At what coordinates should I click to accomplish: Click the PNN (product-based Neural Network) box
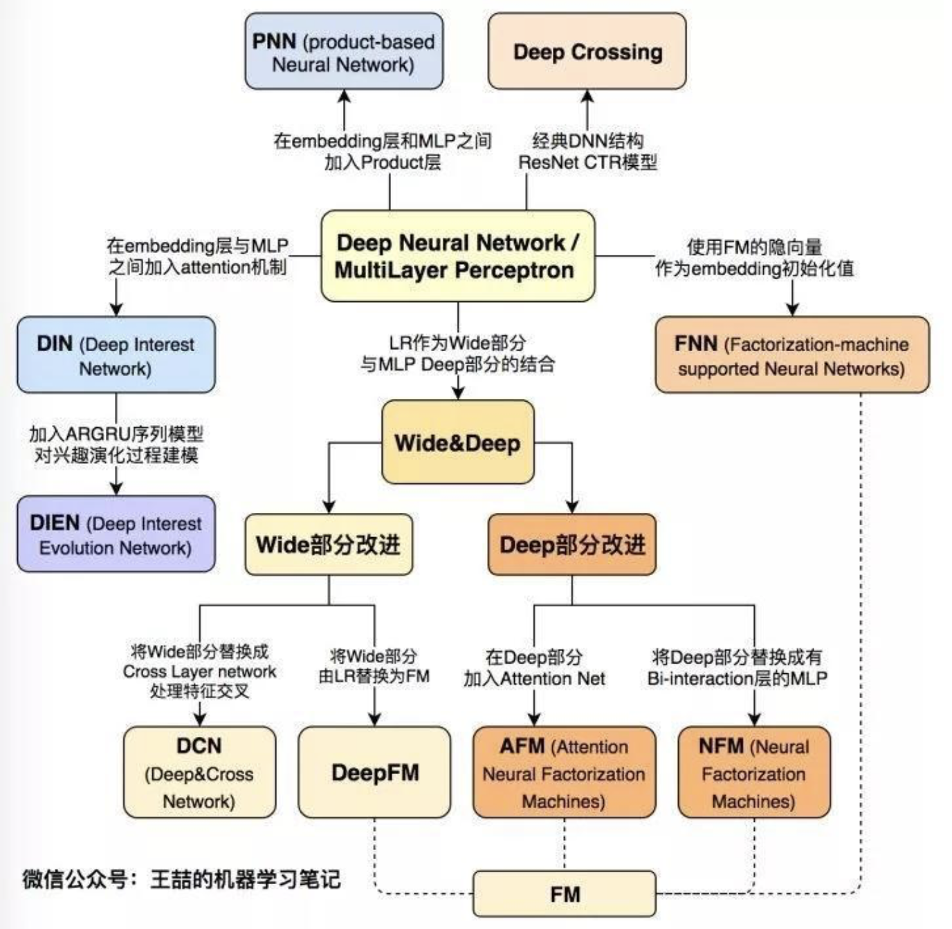344,52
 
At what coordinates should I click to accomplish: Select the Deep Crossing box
587,52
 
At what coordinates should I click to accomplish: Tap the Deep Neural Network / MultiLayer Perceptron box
457,256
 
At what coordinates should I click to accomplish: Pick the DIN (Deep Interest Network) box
116,355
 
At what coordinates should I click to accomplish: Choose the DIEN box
116,534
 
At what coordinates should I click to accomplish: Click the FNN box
791,355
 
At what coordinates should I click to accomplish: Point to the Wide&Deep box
457,442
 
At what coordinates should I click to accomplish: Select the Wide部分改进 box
329,545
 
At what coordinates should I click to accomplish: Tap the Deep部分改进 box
571,545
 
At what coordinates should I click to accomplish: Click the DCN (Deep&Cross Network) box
199,772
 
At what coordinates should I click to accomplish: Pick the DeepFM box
374,772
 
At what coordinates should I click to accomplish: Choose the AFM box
564,772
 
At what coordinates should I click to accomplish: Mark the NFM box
753,772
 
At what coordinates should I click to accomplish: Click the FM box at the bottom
564,894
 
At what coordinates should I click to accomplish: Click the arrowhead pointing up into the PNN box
344,96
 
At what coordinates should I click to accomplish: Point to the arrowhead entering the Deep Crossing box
587,96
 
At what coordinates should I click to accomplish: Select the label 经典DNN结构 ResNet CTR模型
587,151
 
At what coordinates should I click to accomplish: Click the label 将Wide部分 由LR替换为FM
374,666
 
